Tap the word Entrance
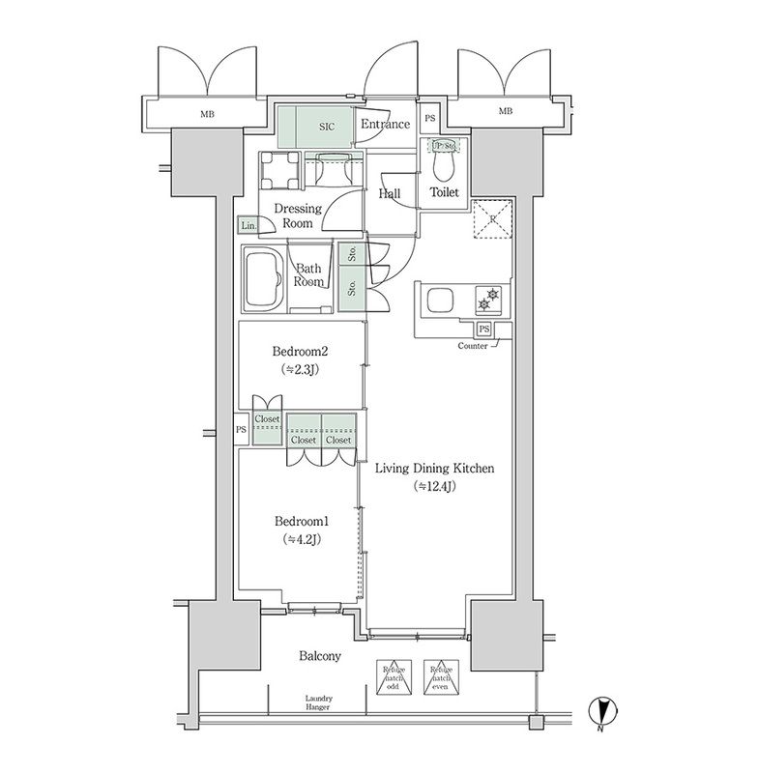coord(385,125)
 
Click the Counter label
coord(472,345)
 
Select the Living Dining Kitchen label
coord(434,469)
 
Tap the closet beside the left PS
coord(267,426)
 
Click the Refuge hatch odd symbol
coord(393,675)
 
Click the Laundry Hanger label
coord(318,702)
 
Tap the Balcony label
coord(318,657)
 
